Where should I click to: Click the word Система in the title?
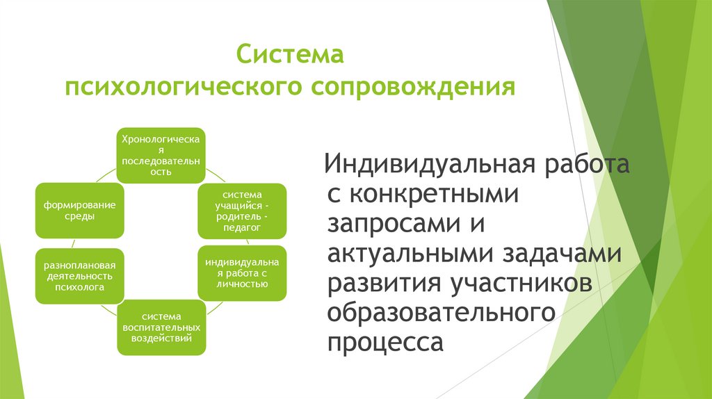pos(290,54)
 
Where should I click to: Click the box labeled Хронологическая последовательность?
pos(161,155)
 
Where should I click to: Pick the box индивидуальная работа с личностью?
pos(242,273)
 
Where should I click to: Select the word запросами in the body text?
pos(385,225)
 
